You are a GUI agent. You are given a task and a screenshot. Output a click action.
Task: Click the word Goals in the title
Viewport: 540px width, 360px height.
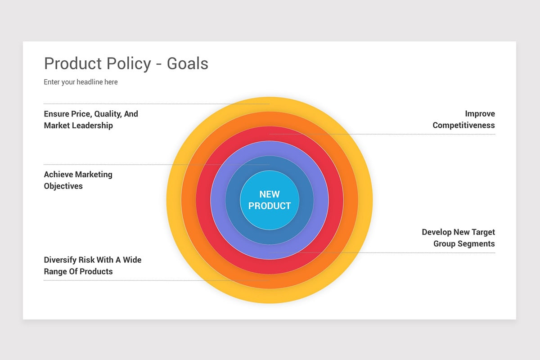coord(188,63)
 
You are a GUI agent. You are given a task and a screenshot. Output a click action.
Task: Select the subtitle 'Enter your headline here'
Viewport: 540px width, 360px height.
coord(81,82)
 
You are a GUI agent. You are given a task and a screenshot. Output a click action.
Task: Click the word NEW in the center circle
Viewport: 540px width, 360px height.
coord(270,194)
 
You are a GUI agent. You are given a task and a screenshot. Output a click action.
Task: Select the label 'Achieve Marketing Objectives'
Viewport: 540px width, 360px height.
coord(78,180)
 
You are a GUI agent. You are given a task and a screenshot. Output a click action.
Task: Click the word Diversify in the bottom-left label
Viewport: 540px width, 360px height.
coord(60,260)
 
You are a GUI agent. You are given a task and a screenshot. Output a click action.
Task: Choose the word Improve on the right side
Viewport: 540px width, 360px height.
coord(480,114)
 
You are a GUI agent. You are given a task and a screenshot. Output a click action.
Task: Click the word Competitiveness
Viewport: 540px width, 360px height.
coord(463,125)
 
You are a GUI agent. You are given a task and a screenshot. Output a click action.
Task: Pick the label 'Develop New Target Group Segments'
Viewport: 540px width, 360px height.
coord(458,238)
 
